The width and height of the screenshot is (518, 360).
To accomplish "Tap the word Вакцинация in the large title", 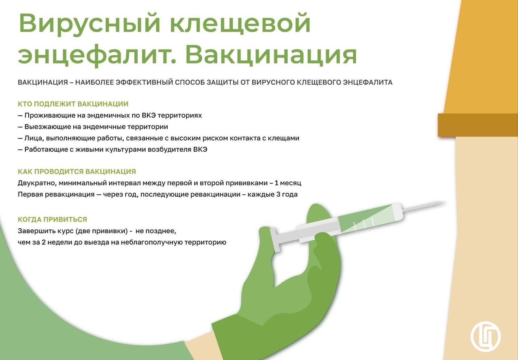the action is pos(271,55).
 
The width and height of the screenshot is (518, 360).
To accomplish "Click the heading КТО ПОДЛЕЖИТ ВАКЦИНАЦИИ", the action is pos(73,104).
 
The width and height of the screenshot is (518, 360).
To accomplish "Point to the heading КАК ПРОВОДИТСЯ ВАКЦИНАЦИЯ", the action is pos(77,171).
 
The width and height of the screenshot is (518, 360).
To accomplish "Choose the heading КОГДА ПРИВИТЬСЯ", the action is pos(53,219).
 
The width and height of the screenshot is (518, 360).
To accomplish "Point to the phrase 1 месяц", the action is pos(288,183).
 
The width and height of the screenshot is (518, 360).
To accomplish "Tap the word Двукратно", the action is pos(37,183).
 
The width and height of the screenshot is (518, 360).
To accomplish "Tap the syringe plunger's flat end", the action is pos(275,240).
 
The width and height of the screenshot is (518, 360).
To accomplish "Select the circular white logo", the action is pos(486,337).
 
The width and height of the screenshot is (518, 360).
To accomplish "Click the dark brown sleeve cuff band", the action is pos(478,125).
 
